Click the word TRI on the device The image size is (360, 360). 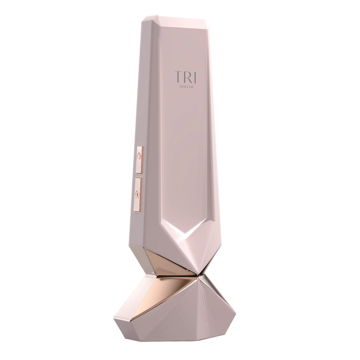tap(185, 77)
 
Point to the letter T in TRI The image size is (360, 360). tap(178, 77)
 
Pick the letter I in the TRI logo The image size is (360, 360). tap(195, 77)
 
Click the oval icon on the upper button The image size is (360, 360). tap(139, 156)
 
